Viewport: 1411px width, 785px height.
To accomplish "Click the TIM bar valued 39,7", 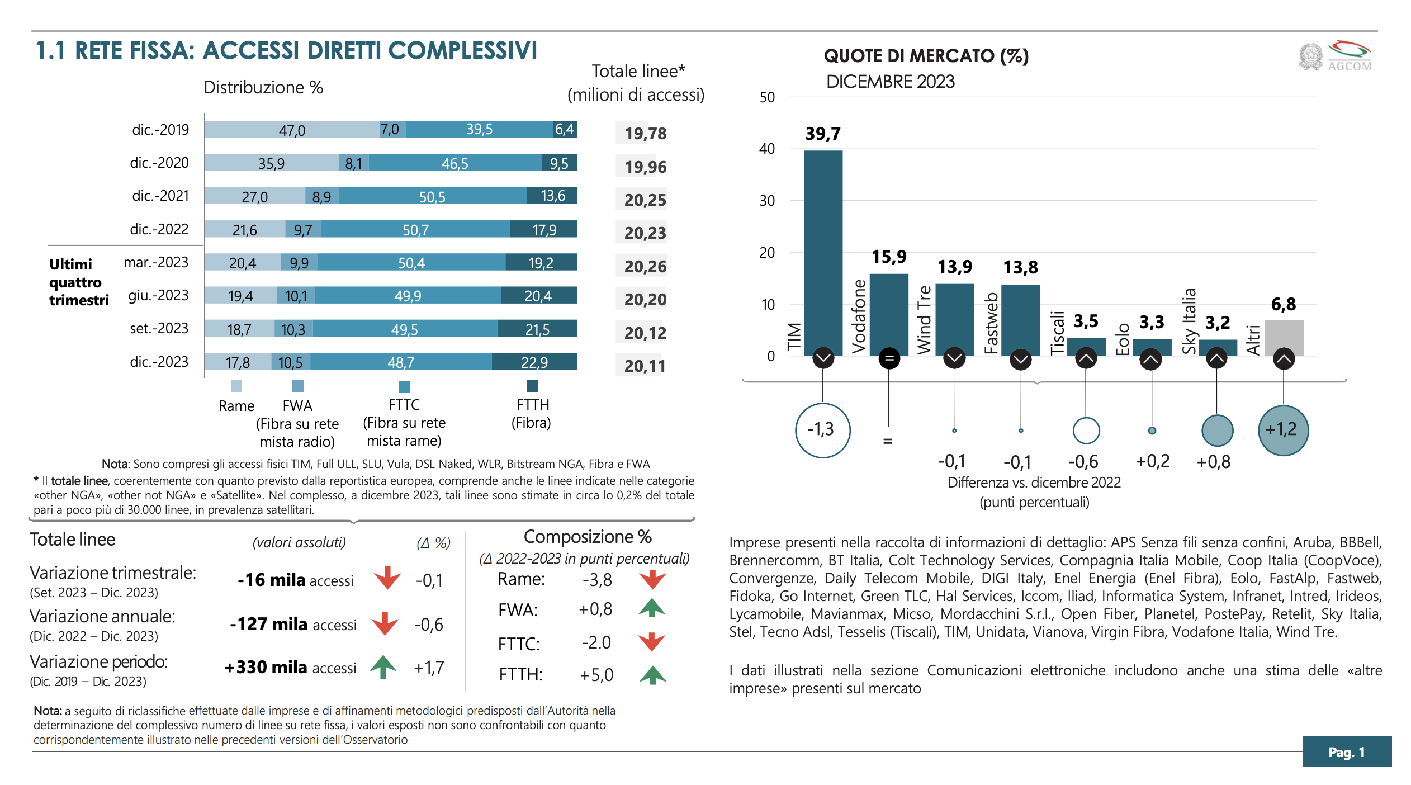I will click(x=823, y=252).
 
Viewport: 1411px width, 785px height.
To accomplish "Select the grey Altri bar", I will click(x=1284, y=338).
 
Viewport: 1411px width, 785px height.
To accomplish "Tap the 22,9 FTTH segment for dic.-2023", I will click(x=534, y=362).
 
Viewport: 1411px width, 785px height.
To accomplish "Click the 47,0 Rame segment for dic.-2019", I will click(x=292, y=130).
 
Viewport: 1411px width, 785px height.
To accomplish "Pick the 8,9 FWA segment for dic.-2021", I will click(x=322, y=196).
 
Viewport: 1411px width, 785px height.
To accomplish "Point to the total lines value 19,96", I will click(x=645, y=167).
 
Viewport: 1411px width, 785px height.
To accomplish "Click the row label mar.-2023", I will click(x=156, y=262).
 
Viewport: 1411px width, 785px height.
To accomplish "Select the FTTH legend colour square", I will click(x=533, y=386).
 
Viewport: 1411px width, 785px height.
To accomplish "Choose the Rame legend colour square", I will click(x=236, y=386).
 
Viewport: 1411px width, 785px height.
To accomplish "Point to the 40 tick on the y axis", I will click(x=767, y=149).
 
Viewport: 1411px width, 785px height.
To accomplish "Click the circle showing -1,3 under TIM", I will click(x=822, y=430).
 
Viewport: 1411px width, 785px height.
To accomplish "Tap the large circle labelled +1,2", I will click(x=1283, y=430).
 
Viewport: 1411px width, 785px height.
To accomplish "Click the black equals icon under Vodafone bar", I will click(x=889, y=358).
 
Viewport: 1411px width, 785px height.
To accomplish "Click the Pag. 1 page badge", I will click(x=1346, y=751).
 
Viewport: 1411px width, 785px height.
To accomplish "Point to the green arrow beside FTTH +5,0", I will click(x=652, y=675).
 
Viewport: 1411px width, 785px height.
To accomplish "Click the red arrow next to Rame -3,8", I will click(x=652, y=580).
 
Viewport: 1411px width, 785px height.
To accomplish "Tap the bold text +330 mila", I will click(x=266, y=667).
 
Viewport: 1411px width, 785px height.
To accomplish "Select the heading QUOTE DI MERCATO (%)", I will click(x=926, y=56).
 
